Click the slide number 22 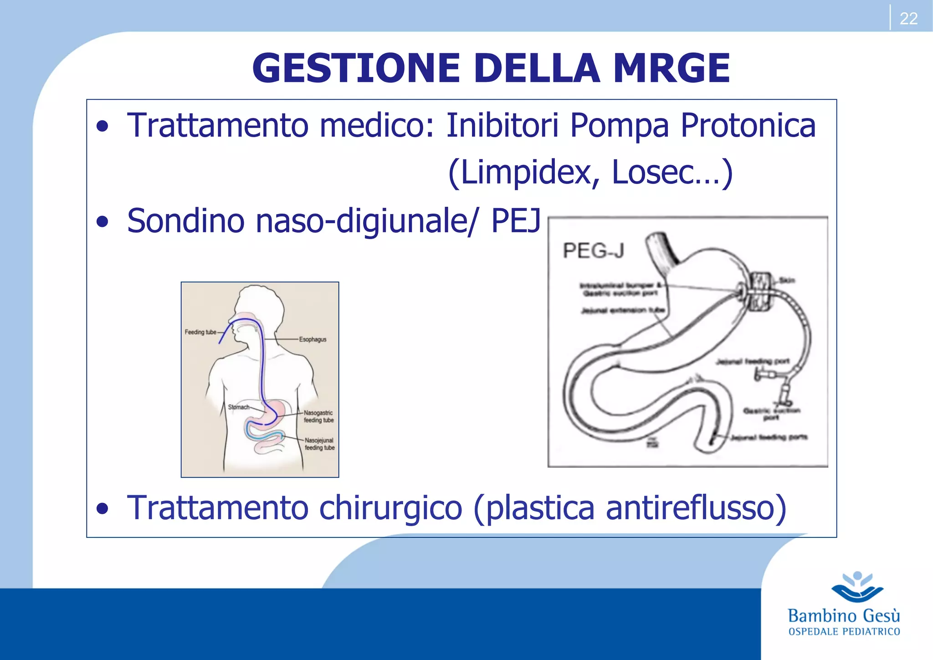[908, 19]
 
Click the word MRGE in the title [672, 68]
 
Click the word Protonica [748, 125]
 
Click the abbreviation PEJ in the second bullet [515, 221]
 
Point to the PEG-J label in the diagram [593, 251]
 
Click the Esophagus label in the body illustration [313, 339]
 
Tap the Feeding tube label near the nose [200, 332]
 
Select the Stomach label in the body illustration [238, 407]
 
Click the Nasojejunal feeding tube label [319, 444]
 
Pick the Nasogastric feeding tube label [318, 416]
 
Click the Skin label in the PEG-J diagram [787, 280]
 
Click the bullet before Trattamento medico [103, 126]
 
